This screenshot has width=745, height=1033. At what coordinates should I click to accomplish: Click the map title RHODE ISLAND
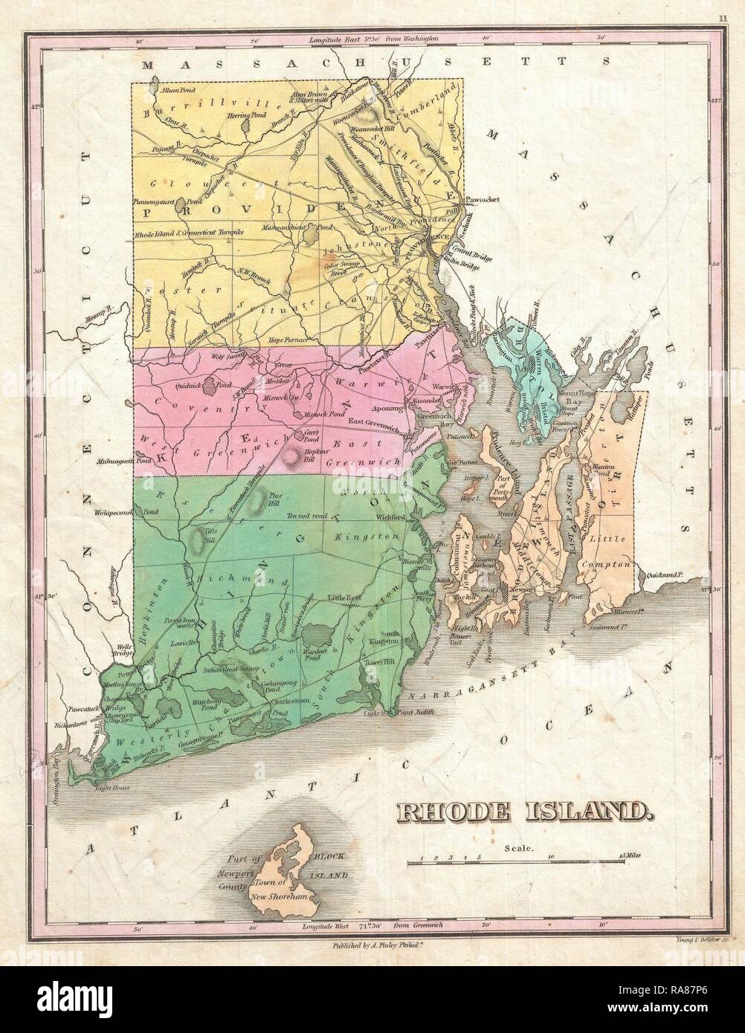coord(521,811)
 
